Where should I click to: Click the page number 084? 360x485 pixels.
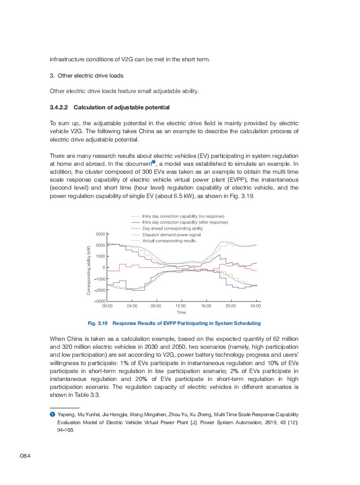(x=25, y=455)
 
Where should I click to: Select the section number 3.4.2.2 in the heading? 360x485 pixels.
(x=60, y=108)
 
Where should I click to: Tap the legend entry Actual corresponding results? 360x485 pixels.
(x=169, y=241)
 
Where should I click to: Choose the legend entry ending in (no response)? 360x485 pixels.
(x=183, y=216)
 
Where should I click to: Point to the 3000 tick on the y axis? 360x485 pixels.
(x=100, y=234)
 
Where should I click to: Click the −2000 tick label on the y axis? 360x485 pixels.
(x=99, y=290)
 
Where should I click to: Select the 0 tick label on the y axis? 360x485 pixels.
(x=104, y=268)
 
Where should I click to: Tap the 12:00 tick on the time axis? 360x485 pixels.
(x=180, y=306)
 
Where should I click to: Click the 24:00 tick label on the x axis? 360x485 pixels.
(x=255, y=306)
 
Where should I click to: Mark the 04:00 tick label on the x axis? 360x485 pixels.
(x=132, y=306)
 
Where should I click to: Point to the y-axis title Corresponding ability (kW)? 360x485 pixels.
(x=89, y=270)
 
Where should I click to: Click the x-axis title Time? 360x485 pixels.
(x=181, y=313)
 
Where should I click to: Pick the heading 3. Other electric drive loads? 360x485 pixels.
(x=86, y=75)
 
